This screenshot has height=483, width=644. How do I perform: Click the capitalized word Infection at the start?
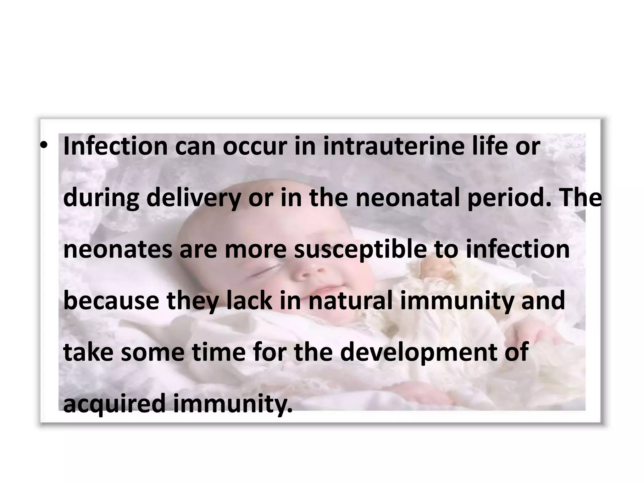(115, 146)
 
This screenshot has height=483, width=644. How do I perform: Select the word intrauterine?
(393, 146)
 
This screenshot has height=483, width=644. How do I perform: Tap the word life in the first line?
(489, 146)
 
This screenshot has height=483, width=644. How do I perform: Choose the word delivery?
(194, 198)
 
